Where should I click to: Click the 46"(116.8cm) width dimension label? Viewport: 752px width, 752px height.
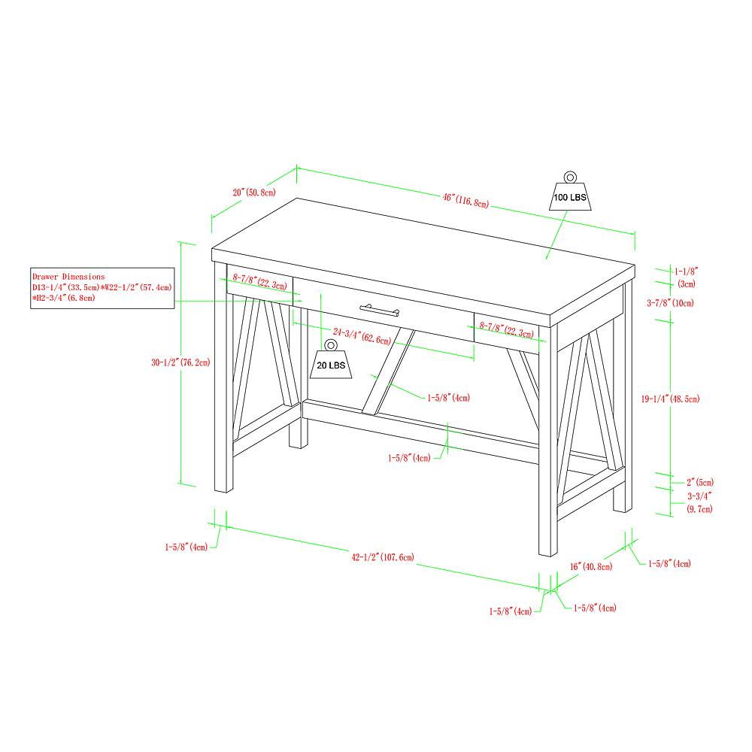[x=465, y=200]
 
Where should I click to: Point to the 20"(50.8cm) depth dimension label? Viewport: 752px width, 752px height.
[x=253, y=193]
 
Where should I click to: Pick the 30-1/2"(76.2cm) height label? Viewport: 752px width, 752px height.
[x=179, y=362]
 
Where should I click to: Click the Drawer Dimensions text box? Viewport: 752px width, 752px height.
[x=102, y=287]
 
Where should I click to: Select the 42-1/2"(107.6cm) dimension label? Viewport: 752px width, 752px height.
[x=382, y=557]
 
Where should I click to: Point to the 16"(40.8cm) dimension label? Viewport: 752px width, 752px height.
[x=590, y=566]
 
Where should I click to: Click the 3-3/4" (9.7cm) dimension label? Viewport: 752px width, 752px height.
[x=699, y=502]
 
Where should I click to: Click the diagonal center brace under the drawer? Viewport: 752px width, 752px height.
[x=386, y=372]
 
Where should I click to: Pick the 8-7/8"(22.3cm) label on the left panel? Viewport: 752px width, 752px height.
[x=259, y=281]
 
